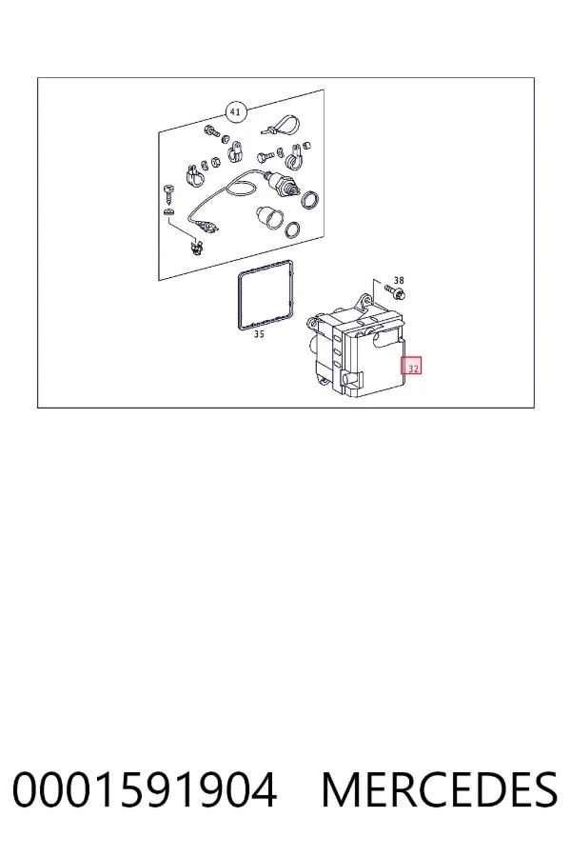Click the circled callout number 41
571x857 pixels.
click(235, 112)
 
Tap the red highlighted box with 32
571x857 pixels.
click(411, 366)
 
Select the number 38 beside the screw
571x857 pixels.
click(399, 280)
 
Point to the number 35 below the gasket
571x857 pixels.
click(259, 334)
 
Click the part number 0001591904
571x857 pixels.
click(145, 789)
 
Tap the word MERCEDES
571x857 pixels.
click(440, 789)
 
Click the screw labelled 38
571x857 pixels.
click(395, 291)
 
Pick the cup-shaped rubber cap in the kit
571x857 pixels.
click(268, 217)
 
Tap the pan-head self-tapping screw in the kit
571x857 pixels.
click(168, 193)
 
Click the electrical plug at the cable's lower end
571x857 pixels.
click(205, 226)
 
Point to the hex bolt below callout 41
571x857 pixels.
click(211, 131)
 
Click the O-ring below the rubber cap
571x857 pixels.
click(293, 230)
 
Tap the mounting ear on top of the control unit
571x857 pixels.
click(364, 300)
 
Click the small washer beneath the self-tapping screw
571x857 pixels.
click(168, 211)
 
